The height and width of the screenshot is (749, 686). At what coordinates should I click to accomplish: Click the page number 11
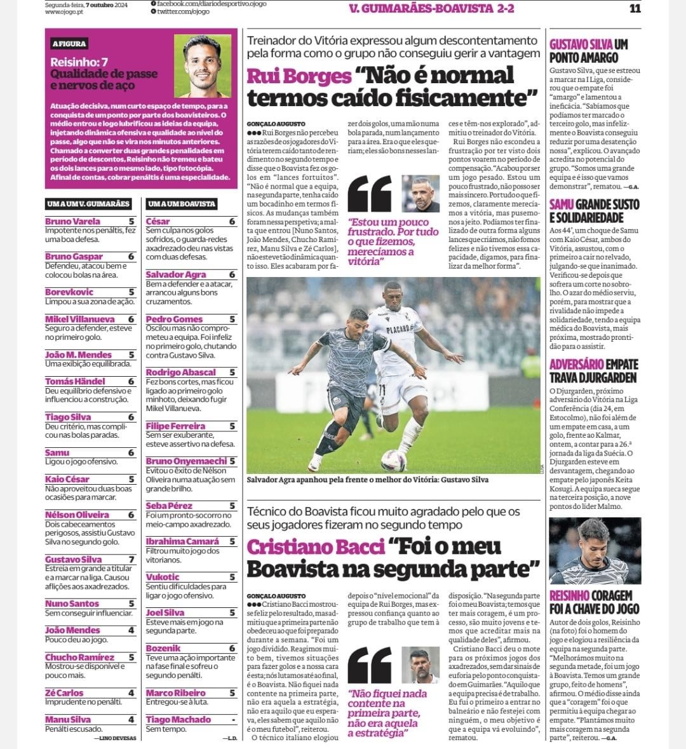[x=635, y=9]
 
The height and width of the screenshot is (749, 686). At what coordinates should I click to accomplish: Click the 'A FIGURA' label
[x=69, y=44]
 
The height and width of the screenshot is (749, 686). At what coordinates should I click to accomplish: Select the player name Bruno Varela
[x=72, y=221]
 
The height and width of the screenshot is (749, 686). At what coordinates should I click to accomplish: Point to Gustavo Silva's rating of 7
[x=131, y=559]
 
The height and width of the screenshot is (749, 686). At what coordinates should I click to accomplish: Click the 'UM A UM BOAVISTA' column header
[x=182, y=204]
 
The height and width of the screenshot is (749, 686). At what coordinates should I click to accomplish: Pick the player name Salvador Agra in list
[x=176, y=274]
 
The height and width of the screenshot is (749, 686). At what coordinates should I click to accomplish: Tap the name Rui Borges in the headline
[x=299, y=76]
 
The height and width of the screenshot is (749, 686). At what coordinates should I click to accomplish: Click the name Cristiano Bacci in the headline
[x=316, y=547]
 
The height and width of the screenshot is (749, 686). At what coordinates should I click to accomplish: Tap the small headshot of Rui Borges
[x=421, y=194]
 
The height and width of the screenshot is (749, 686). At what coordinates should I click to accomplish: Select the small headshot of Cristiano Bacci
[x=421, y=665]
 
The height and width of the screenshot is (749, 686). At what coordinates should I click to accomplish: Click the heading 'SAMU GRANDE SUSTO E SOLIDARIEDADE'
[x=594, y=211]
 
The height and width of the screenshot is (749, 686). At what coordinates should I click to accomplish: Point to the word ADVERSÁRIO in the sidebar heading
[x=576, y=365]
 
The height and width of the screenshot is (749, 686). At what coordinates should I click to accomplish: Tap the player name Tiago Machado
[x=178, y=719]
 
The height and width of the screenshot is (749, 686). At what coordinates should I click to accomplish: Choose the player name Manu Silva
[x=68, y=719]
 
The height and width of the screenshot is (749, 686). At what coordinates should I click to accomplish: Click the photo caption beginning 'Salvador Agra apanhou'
[x=367, y=480]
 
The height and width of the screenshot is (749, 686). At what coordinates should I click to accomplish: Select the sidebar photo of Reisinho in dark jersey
[x=595, y=550]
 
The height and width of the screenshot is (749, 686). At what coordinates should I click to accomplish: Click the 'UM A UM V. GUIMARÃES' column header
[x=88, y=204]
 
